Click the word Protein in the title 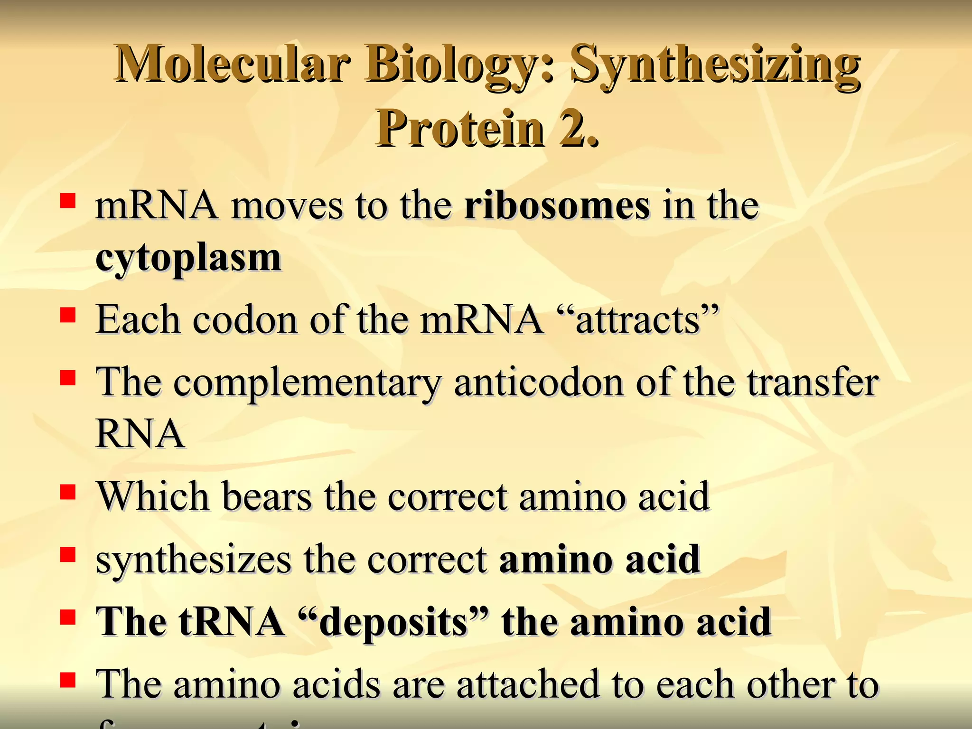coord(460,128)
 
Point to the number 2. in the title coord(579,128)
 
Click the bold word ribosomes coord(557,206)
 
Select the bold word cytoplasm coord(188,259)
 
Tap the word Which coord(153,496)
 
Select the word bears coord(267,496)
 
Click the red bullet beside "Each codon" coord(68,315)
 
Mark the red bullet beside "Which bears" coord(68,492)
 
